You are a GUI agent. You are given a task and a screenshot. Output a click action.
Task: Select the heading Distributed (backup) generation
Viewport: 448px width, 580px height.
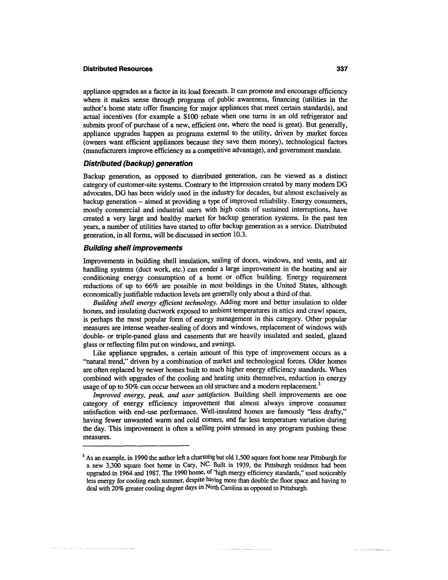point(138,163)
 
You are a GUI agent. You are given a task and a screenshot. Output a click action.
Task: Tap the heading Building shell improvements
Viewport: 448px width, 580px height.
point(133,248)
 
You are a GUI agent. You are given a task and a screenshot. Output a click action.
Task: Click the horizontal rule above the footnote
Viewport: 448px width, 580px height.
point(136,446)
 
